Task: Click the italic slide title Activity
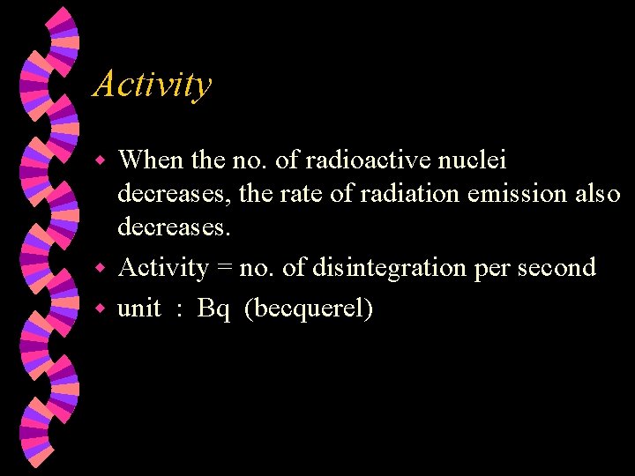point(153,85)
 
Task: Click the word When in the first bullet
point(151,160)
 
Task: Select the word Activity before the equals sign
point(163,267)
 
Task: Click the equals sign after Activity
point(225,268)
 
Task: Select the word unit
point(139,309)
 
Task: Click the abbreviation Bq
point(214,309)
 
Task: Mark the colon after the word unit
point(179,310)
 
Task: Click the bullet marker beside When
point(101,161)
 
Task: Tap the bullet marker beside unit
point(101,309)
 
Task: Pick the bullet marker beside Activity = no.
point(101,268)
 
